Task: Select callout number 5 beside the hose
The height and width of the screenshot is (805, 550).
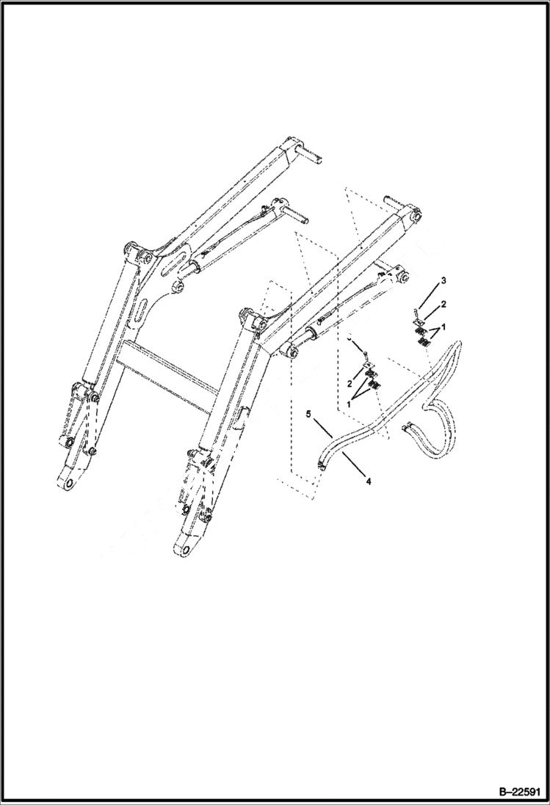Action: click(309, 415)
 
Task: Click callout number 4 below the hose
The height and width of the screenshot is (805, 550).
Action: click(368, 481)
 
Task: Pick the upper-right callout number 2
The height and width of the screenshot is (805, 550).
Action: click(444, 303)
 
